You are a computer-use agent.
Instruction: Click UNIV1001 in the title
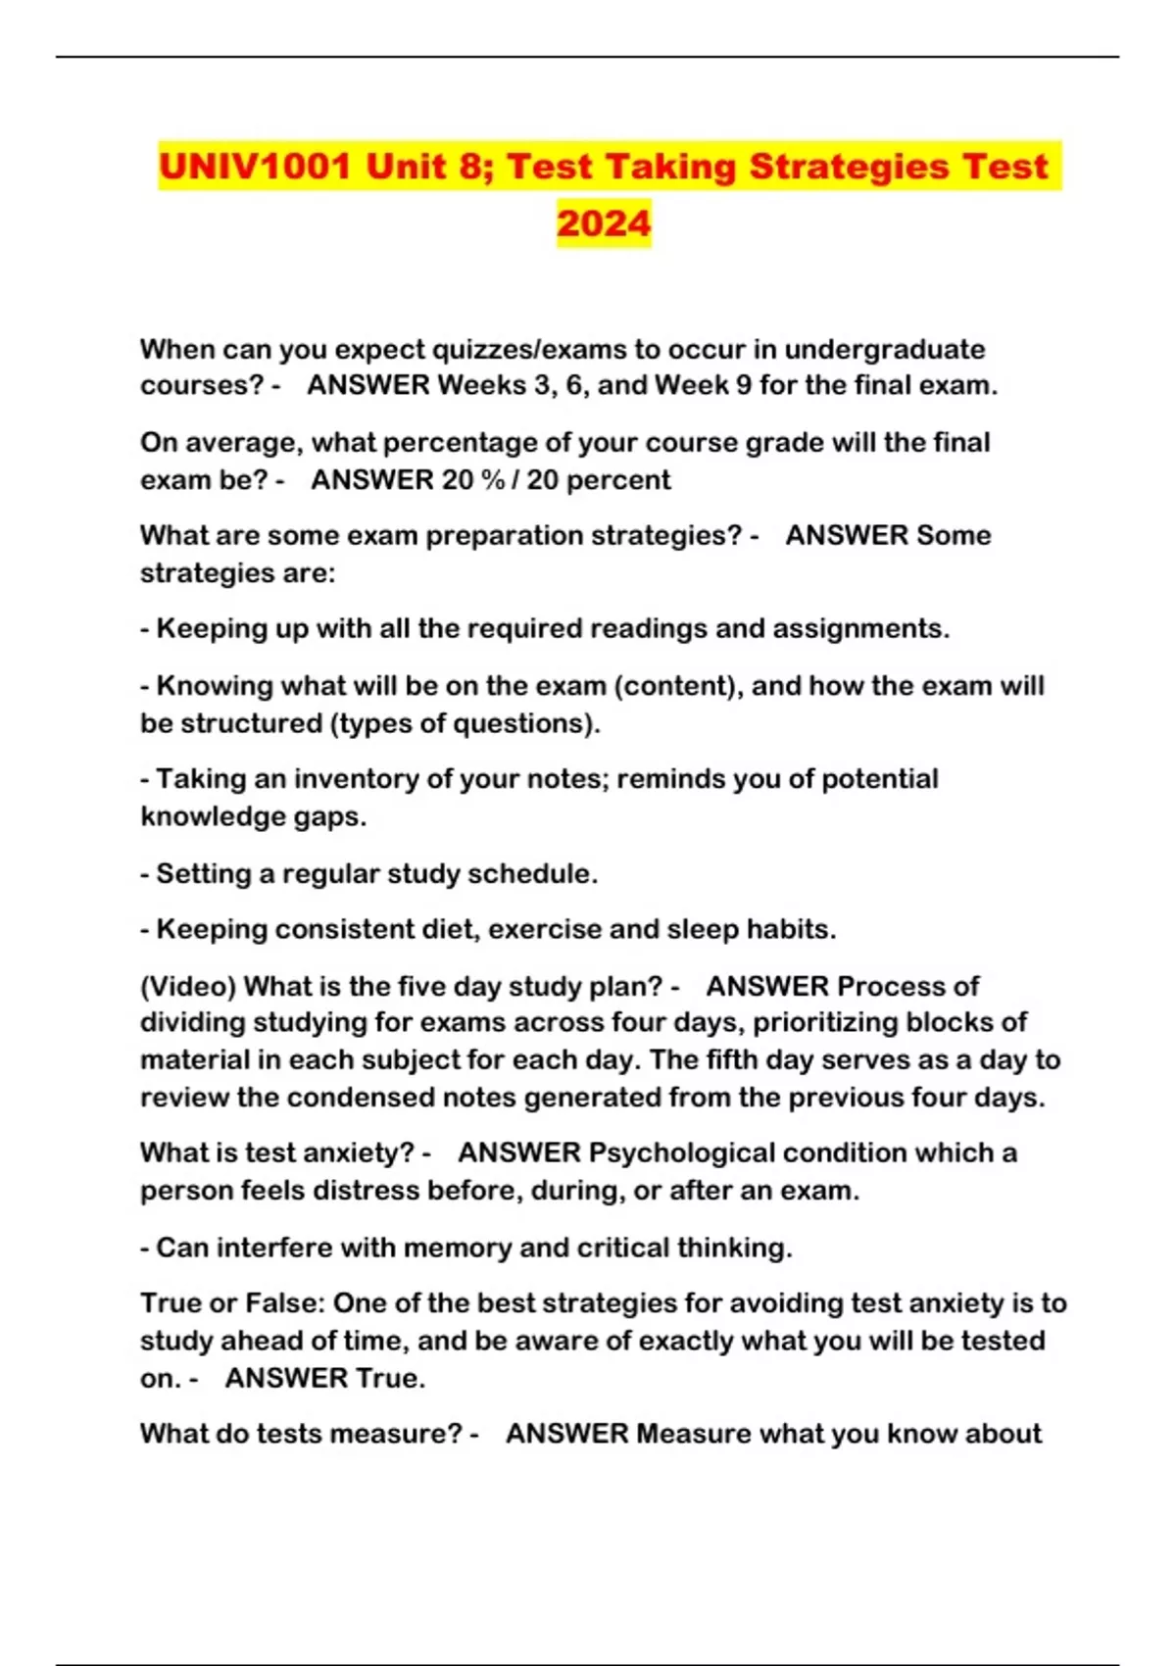click(254, 166)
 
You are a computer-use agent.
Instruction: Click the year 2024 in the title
click(604, 222)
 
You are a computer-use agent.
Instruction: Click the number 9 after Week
click(744, 385)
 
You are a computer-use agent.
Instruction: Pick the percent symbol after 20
click(494, 480)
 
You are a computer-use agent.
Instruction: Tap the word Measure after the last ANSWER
click(693, 1434)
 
